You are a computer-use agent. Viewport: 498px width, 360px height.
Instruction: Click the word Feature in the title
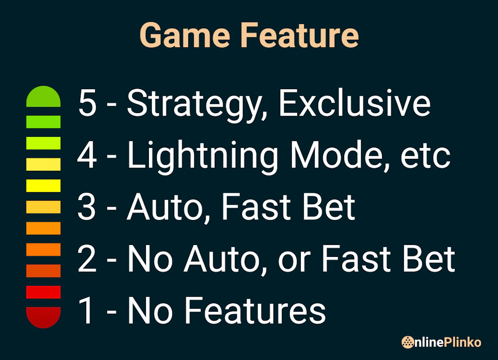(x=299, y=36)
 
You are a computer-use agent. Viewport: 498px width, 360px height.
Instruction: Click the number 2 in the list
(x=87, y=258)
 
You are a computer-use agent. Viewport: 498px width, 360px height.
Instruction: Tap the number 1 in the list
(x=87, y=310)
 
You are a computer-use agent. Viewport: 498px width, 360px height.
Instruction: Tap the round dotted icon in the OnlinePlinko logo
(x=408, y=342)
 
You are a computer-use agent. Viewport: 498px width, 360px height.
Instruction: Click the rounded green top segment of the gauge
(x=43, y=97)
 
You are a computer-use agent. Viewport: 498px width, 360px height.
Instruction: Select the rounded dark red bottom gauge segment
(x=43, y=317)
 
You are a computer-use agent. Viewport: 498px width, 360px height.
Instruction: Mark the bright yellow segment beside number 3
(x=43, y=186)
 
